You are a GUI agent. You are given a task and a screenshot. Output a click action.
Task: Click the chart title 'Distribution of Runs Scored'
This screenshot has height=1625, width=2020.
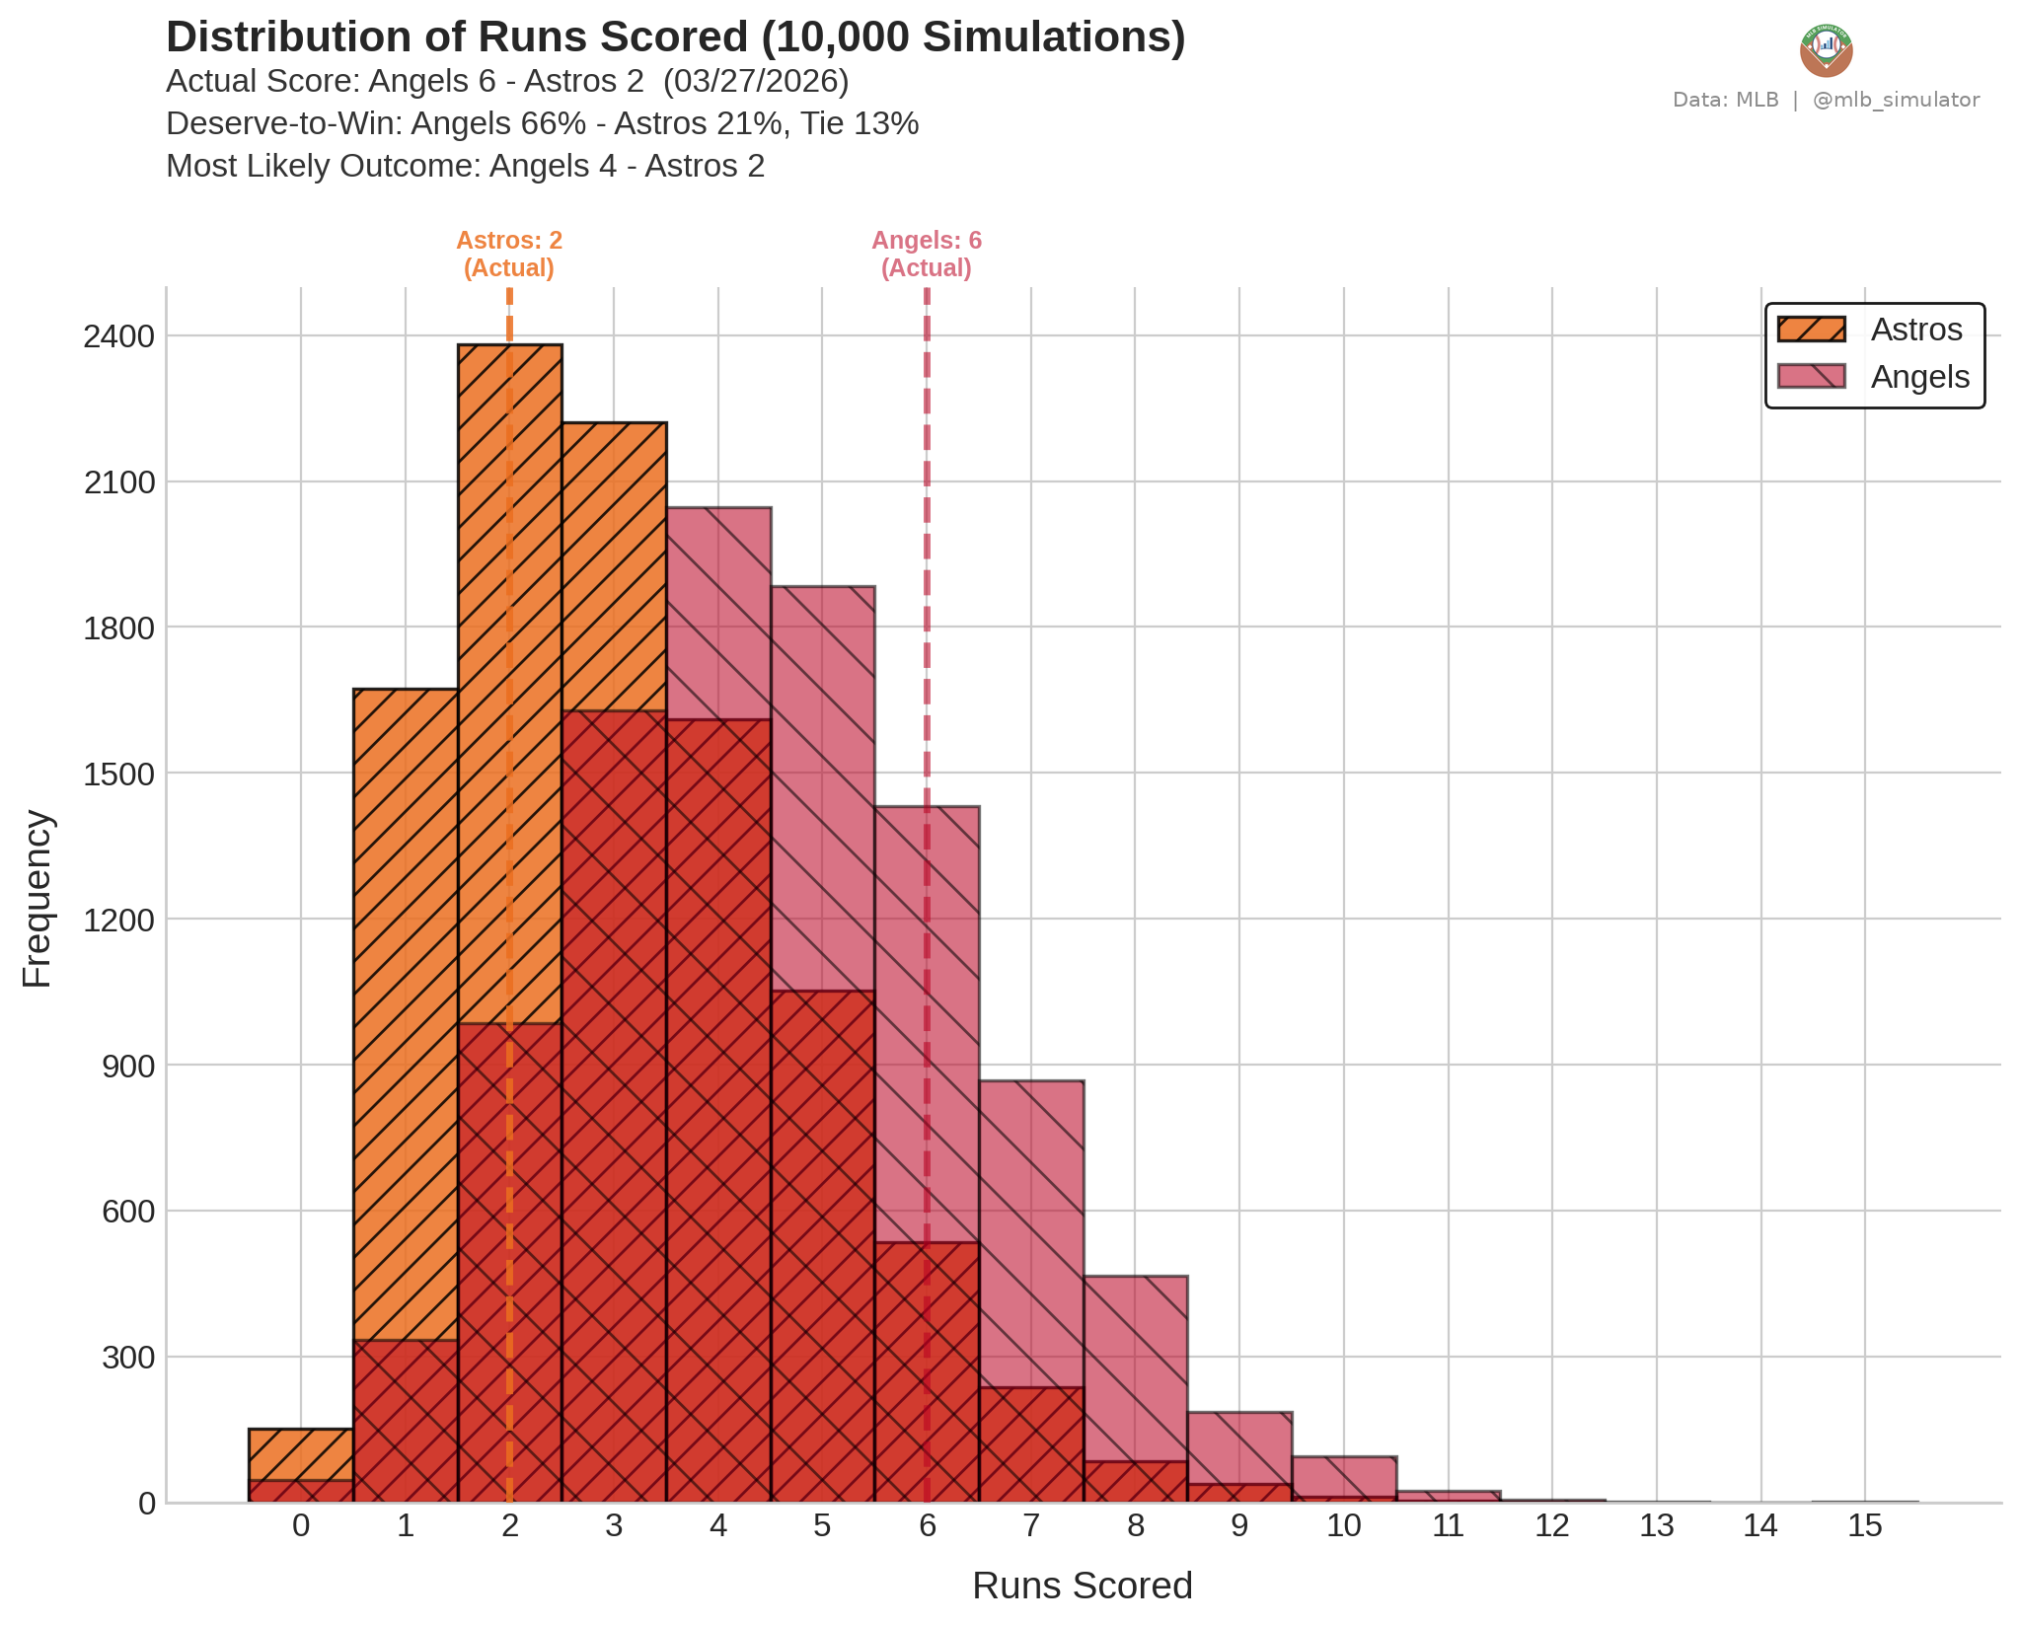point(675,37)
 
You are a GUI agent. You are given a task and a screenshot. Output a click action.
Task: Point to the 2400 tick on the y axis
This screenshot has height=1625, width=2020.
point(119,336)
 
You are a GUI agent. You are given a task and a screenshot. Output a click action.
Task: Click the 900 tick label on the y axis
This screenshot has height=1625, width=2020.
point(128,1066)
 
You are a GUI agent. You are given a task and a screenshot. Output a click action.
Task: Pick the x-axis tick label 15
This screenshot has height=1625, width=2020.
point(1864,1526)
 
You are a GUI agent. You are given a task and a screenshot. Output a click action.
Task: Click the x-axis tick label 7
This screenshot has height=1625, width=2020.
point(1031,1526)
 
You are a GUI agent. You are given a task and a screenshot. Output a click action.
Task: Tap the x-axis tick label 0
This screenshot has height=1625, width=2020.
point(301,1526)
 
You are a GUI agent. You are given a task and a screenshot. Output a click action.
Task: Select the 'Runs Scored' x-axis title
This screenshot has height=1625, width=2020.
point(1082,1586)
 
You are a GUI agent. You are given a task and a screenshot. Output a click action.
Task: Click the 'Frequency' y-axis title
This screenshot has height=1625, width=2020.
point(37,898)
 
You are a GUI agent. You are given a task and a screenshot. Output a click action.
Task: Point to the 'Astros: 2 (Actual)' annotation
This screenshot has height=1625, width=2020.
point(509,255)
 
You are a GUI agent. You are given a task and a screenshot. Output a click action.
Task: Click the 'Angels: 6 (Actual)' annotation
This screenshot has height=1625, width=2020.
point(927,255)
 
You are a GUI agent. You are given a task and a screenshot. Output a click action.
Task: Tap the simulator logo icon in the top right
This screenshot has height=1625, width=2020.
point(1826,50)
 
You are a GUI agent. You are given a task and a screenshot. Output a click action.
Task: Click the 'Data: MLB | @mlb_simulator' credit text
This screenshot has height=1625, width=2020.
point(1826,100)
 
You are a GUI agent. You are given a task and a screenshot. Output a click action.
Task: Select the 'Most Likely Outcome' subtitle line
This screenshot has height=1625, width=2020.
point(465,166)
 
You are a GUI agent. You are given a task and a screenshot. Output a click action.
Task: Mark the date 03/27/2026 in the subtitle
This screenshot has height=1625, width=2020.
point(756,81)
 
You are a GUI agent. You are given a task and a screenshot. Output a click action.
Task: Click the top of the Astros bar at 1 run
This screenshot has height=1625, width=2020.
point(406,691)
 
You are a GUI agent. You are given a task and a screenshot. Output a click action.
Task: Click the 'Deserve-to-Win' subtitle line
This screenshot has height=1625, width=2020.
point(542,123)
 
